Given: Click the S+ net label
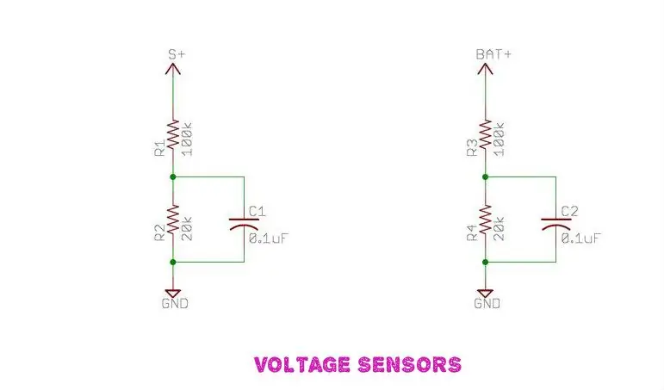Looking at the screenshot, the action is tap(177, 54).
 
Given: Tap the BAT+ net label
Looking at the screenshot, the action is tap(493, 54).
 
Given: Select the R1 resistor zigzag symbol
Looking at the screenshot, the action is tap(173, 134).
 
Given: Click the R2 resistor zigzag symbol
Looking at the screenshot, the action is tap(173, 220).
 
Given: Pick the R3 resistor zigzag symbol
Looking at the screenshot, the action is tap(485, 134).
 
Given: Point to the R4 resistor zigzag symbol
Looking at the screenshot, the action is tap(485, 220).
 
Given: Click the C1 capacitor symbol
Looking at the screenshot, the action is tap(244, 224).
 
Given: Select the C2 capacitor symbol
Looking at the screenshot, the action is tap(556, 224).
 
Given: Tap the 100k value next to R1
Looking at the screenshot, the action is tap(187, 139).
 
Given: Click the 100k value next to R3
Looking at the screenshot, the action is tap(500, 139).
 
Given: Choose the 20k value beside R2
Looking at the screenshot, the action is tap(187, 229).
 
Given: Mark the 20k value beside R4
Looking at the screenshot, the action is tap(500, 229).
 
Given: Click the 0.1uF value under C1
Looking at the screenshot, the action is tap(269, 238).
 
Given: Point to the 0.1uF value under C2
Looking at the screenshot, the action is tap(581, 238).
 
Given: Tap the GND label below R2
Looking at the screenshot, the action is tap(175, 303).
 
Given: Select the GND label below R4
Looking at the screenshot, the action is tap(487, 303).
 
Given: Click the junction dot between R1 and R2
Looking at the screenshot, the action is tap(173, 176).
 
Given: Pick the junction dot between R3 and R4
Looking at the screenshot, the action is tap(485, 176).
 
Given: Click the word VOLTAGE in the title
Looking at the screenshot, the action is tap(302, 364).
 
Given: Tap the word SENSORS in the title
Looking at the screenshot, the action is tap(409, 364).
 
